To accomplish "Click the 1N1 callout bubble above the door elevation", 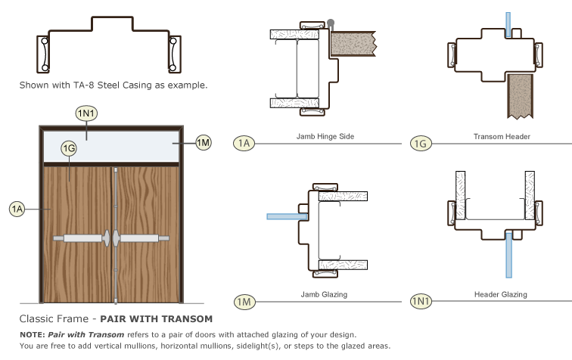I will click(86, 113).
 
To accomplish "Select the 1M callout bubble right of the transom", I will click(203, 142).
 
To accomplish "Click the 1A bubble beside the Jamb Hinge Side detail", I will click(244, 142).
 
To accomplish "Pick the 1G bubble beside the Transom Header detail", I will click(421, 142).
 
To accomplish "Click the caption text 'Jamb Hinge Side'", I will click(326, 137).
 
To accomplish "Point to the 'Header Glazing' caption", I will click(500, 294).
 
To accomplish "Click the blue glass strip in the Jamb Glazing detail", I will click(286, 216).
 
